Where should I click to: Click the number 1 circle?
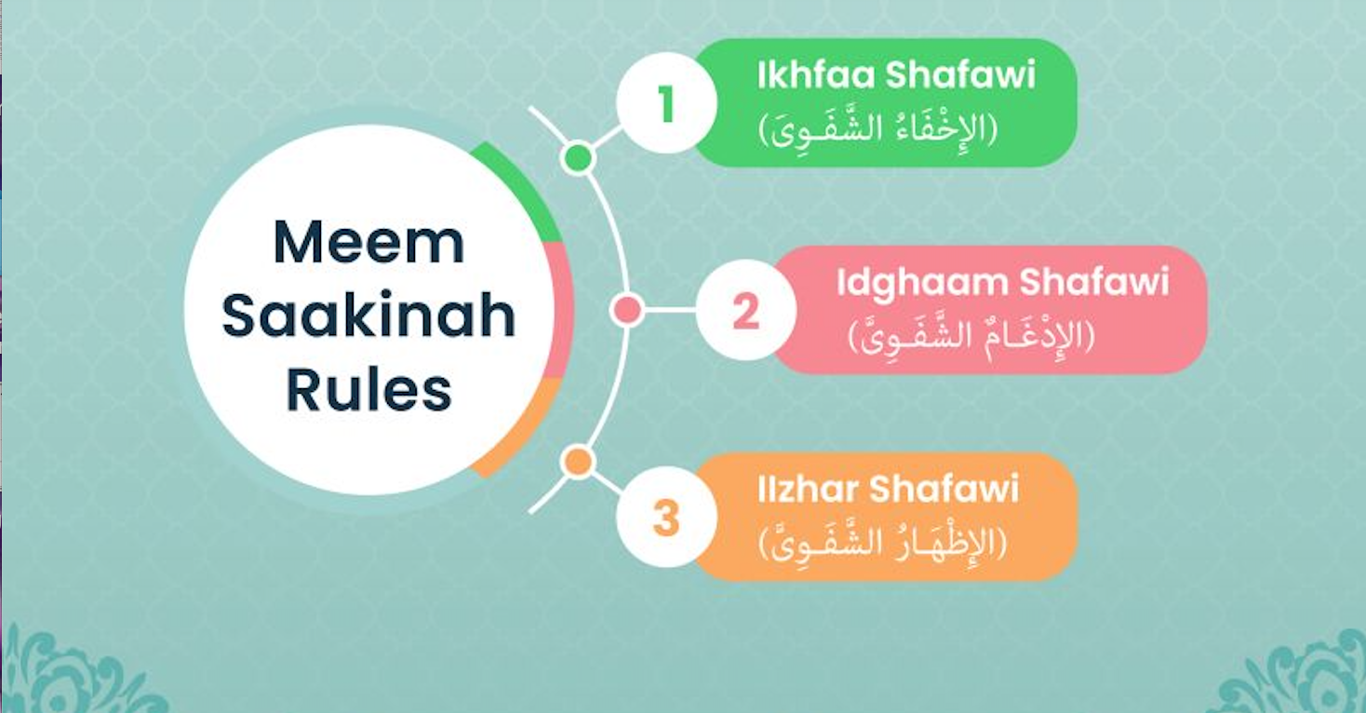pyautogui.click(x=665, y=103)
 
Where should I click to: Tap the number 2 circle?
pyautogui.click(x=744, y=311)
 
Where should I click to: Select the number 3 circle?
pyautogui.click(x=665, y=518)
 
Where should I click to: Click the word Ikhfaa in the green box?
pyautogui.click(x=816, y=75)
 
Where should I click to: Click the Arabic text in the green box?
pyautogui.click(x=878, y=129)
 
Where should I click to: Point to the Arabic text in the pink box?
pyautogui.click(x=971, y=336)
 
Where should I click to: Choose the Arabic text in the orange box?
pyautogui.click(x=883, y=543)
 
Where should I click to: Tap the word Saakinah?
pyautogui.click(x=368, y=316)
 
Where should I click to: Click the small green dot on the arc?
pyautogui.click(x=578, y=157)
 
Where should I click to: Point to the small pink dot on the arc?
pyautogui.click(x=629, y=311)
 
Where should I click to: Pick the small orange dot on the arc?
pyautogui.click(x=578, y=461)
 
